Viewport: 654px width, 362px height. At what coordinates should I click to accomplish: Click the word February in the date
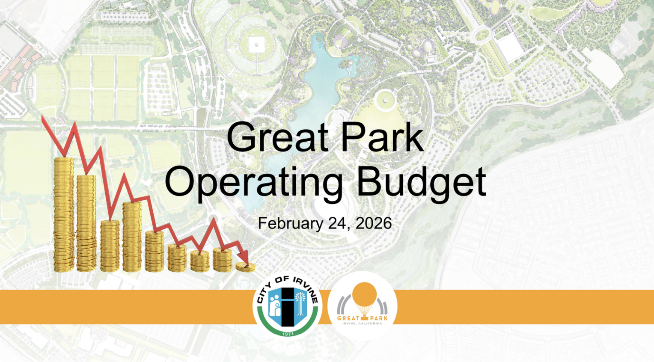click(290, 224)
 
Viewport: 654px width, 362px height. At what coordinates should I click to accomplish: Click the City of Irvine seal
click(288, 306)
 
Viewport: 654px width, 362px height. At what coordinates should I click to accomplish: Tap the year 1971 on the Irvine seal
click(288, 333)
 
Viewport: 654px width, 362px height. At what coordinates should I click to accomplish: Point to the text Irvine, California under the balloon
click(363, 323)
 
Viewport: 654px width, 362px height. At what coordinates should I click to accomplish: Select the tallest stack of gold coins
click(64, 214)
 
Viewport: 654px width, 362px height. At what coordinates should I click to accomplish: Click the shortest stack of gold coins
click(245, 267)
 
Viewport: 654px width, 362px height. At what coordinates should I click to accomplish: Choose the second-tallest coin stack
click(86, 223)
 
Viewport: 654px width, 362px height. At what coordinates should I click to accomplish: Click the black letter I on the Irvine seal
click(288, 306)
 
